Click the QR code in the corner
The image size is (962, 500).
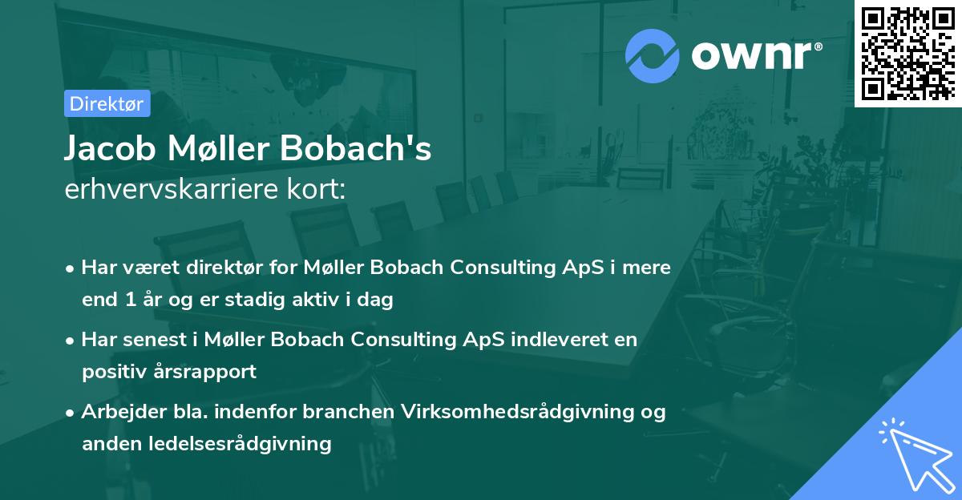click(907, 53)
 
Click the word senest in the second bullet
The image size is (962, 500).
click(152, 340)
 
